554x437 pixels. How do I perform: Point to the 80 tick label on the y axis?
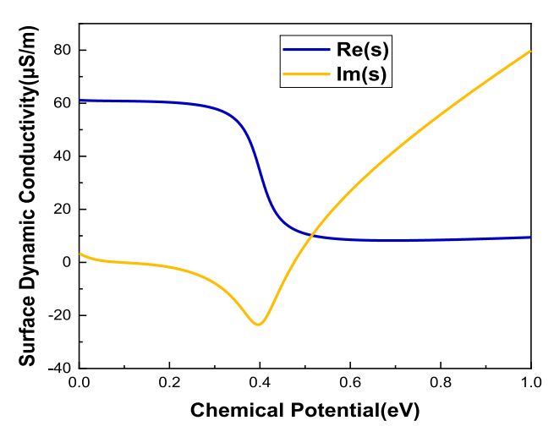[59, 51]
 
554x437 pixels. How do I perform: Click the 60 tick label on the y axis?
[59, 103]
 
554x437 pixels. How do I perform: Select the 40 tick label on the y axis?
[59, 156]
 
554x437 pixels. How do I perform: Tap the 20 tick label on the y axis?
[59, 210]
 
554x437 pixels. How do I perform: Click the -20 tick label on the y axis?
[56, 315]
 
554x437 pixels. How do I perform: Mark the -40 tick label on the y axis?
[56, 369]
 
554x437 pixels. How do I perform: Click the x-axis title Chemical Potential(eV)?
[304, 412]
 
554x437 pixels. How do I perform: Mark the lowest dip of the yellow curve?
[258, 324]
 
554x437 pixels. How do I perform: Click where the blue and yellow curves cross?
[311, 234]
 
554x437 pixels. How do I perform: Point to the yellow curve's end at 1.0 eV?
[530, 52]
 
